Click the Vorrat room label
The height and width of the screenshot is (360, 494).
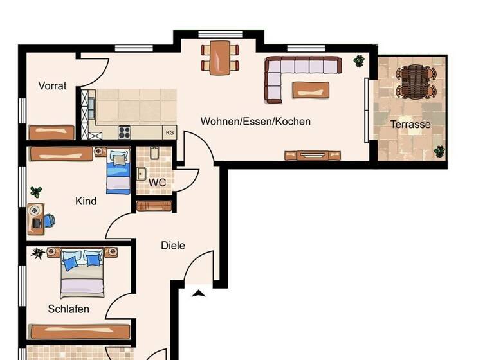tap(52, 85)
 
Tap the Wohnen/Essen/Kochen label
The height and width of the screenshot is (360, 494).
tap(255, 121)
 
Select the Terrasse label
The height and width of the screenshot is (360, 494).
tap(410, 124)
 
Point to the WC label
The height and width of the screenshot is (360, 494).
tap(158, 182)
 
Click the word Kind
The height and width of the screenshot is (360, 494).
tap(86, 201)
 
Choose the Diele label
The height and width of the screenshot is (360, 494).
tap(173, 245)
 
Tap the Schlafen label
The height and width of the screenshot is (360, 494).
tap(69, 309)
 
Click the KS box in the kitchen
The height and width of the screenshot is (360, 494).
tap(169, 132)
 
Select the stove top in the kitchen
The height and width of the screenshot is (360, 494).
tap(124, 132)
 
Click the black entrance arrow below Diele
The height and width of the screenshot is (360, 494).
tap(199, 293)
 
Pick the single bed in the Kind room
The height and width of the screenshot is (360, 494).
tap(118, 171)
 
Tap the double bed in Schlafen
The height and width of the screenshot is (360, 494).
tap(82, 274)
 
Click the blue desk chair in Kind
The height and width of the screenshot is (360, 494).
tap(49, 221)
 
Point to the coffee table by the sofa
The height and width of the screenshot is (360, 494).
tap(311, 90)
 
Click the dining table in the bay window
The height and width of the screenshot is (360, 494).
tap(219, 57)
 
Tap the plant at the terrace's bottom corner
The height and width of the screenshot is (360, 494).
tap(439, 151)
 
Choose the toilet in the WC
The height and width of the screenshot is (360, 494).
tap(154, 154)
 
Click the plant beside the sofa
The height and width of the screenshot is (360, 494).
tap(358, 61)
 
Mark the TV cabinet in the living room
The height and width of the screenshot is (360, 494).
tap(313, 155)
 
